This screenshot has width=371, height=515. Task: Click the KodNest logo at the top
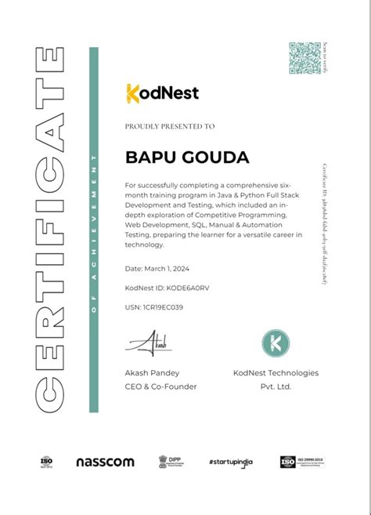click(162, 93)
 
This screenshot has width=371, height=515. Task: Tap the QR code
click(304, 58)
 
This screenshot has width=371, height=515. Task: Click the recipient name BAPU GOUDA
click(187, 158)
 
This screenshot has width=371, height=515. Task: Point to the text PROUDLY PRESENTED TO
click(170, 125)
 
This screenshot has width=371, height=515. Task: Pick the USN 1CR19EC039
click(154, 307)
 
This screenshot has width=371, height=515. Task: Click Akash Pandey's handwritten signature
click(149, 342)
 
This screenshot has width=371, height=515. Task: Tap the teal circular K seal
click(275, 343)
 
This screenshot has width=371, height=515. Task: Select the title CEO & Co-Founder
click(160, 386)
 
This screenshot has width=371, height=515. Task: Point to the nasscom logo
click(105, 462)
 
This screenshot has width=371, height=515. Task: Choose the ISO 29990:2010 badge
click(301, 462)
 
